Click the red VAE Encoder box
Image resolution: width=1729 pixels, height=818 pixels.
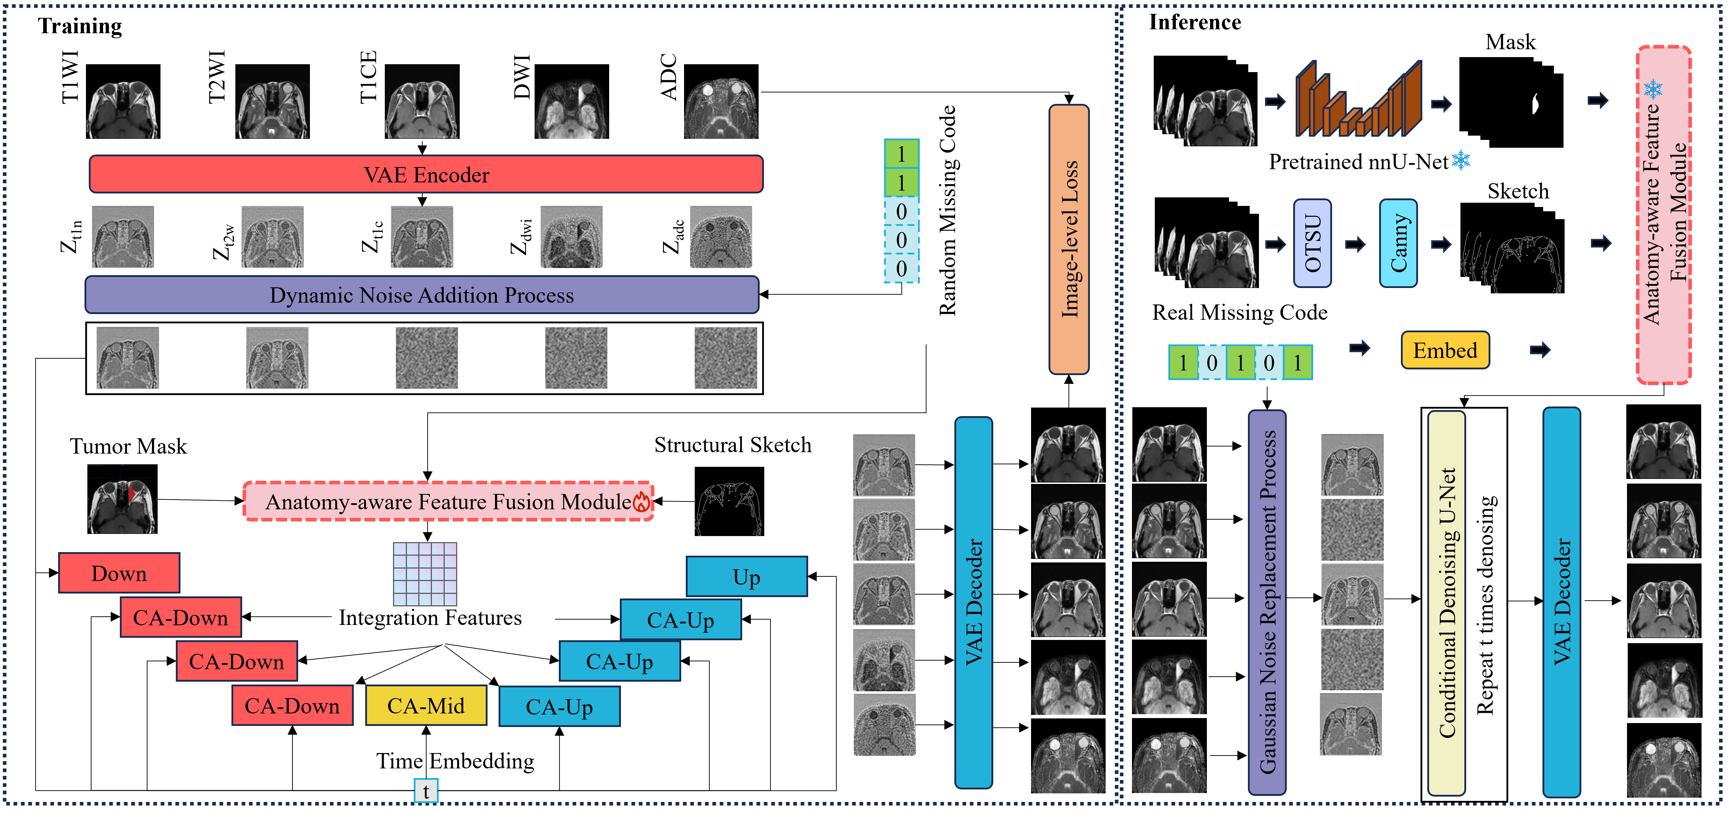pyautogui.click(x=426, y=175)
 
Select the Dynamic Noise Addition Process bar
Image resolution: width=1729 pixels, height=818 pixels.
pyautogui.click(x=422, y=295)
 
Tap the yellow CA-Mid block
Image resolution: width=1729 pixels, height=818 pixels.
pyautogui.click(x=425, y=706)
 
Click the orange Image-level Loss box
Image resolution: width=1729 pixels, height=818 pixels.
pyautogui.click(x=1068, y=239)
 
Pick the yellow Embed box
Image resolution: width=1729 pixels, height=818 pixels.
pyautogui.click(x=1445, y=350)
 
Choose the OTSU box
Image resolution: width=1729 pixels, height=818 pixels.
pyautogui.click(x=1312, y=243)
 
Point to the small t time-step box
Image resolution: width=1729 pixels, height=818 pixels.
pyautogui.click(x=426, y=791)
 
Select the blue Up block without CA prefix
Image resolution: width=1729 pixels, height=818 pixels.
pyautogui.click(x=746, y=577)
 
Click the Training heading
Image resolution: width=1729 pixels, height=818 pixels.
pyautogui.click(x=80, y=26)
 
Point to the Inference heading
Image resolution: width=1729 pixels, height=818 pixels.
pyautogui.click(x=1195, y=22)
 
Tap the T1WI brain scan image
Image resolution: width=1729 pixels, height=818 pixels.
pyautogui.click(x=123, y=101)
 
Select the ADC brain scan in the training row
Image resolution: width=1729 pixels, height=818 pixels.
pyautogui.click(x=721, y=101)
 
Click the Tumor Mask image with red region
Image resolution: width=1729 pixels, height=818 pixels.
pyautogui.click(x=122, y=499)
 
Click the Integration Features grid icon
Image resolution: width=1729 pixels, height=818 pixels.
pyautogui.click(x=425, y=574)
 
